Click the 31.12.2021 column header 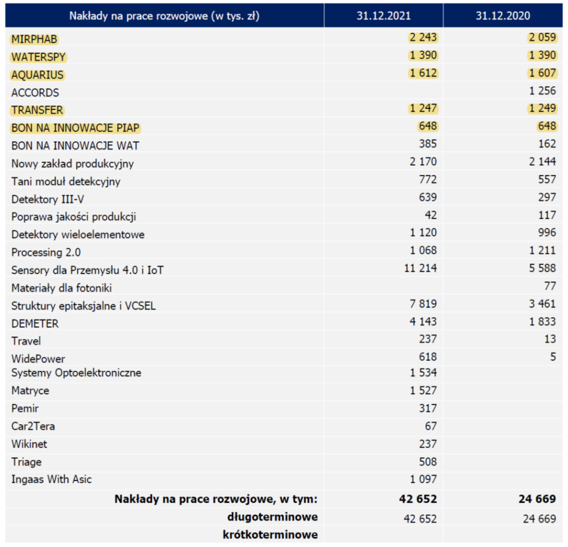pos(384,16)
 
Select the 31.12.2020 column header pos(503,16)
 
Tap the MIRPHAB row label pos(34,39)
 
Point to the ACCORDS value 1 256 pos(542,91)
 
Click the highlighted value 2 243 pos(423,37)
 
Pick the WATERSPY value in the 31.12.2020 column pos(542,55)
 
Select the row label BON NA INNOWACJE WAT pos(75,146)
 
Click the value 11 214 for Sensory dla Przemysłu pos(421,268)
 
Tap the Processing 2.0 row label pos(46,252)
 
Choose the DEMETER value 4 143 pos(423,322)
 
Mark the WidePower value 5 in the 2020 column pos(553,357)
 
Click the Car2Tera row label pos(33,426)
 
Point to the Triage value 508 pos(428,462)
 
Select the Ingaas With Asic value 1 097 pos(423,480)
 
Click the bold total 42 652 pos(418,499)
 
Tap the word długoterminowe pos(272,517)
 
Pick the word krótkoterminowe pos(270,535)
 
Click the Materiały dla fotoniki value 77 pos(550,286)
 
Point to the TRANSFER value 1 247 pos(423,109)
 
